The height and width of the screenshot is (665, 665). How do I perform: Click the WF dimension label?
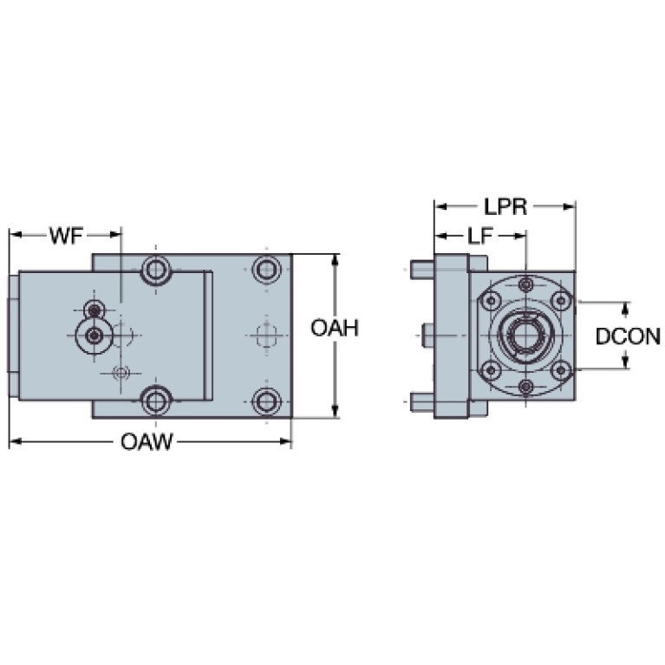67,235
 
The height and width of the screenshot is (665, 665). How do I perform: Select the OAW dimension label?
147,442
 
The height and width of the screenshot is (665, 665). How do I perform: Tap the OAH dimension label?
335,328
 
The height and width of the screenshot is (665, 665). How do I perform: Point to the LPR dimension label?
505,207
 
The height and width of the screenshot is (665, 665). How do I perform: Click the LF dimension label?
479,236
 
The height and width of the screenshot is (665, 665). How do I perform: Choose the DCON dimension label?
628,336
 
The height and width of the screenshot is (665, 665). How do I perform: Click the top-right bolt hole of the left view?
266,269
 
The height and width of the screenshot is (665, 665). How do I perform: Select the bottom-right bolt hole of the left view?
266,401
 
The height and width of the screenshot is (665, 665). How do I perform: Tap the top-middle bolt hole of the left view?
156,270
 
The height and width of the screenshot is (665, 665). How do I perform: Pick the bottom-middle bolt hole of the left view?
156,400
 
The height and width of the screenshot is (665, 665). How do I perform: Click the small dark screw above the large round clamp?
95,311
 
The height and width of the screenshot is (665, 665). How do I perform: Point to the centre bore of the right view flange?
526,335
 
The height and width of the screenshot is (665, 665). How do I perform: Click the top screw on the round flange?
526,284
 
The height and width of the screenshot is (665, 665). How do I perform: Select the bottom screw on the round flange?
526,387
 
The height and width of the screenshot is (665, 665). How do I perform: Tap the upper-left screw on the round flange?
492,301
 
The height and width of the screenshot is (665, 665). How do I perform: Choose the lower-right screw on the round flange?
561,370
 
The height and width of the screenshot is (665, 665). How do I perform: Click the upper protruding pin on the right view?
422,270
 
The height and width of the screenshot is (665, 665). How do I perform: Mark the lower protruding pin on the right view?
422,402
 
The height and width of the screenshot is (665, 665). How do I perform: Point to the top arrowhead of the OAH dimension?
335,259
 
